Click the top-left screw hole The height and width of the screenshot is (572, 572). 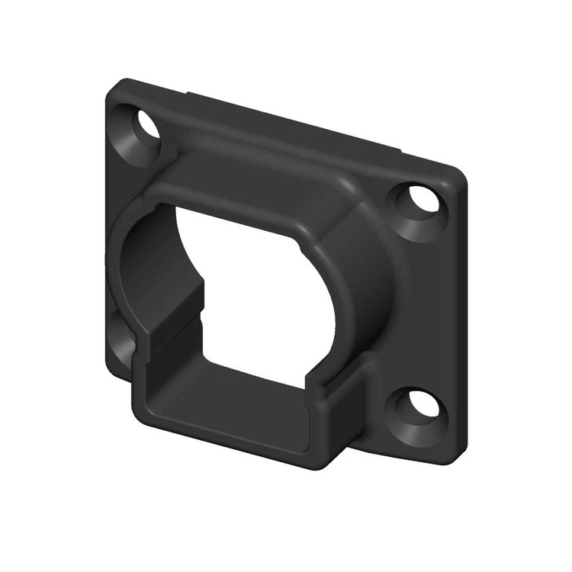[147, 124]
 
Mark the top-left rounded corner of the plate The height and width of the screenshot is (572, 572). [114, 85]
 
